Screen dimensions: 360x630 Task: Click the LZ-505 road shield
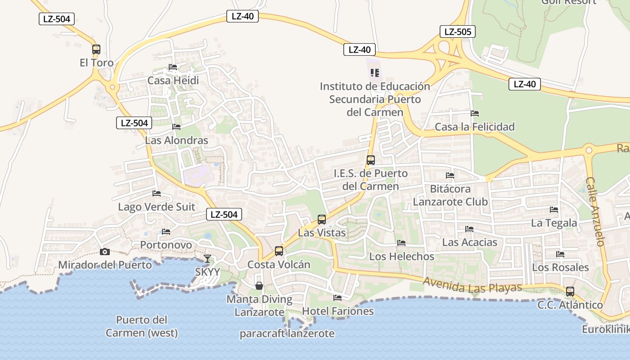(x=457, y=31)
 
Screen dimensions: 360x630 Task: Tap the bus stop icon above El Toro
(x=96, y=49)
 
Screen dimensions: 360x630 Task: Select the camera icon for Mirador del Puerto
(x=105, y=252)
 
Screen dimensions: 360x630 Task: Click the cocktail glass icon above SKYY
(x=207, y=258)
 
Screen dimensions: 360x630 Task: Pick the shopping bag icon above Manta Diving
(x=259, y=285)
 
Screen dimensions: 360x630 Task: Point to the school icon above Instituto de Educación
(x=375, y=72)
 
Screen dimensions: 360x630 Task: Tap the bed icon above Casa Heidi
(x=173, y=67)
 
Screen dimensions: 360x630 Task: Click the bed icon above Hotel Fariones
(x=337, y=297)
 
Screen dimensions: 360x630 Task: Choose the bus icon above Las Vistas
(x=322, y=219)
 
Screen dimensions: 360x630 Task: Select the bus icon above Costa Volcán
(x=279, y=251)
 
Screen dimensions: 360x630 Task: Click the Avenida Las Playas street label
(x=472, y=285)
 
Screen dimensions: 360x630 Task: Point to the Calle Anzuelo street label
(x=594, y=211)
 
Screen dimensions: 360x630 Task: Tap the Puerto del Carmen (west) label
(x=142, y=327)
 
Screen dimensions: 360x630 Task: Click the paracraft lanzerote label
(x=287, y=333)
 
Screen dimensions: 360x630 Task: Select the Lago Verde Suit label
(x=157, y=207)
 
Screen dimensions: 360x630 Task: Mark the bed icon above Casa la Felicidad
(x=475, y=113)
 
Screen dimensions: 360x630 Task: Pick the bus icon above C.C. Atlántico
(x=570, y=291)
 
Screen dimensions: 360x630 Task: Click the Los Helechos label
(x=402, y=256)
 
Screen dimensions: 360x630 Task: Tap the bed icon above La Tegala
(x=554, y=210)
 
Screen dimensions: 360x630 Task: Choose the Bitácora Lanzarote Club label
(x=450, y=195)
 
